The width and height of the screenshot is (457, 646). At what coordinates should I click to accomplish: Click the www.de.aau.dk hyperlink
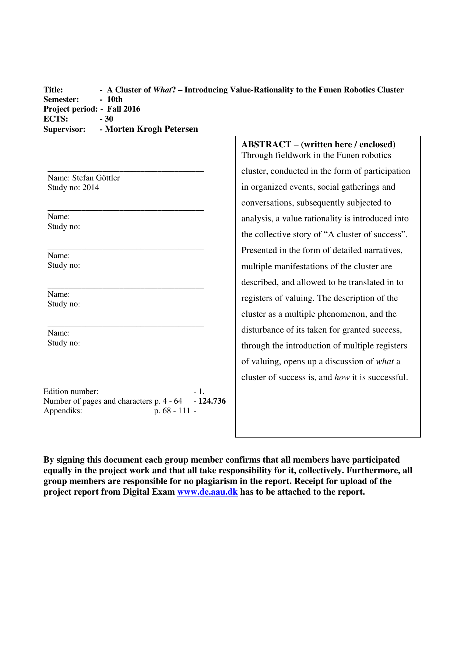pos(207,492)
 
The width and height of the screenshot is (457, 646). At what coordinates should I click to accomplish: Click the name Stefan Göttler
pos(96,178)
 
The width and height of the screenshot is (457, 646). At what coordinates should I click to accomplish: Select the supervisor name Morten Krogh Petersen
pos(151,129)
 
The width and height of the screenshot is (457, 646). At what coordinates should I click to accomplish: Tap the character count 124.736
pos(212,401)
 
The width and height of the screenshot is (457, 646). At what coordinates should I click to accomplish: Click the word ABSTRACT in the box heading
pos(266,144)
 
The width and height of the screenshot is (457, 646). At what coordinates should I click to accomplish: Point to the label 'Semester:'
pos(61,99)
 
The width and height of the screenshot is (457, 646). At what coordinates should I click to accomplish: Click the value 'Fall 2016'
pos(124,109)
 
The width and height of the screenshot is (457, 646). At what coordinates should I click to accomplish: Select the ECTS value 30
pos(109,119)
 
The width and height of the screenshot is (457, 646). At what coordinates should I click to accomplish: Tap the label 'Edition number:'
pos(71,392)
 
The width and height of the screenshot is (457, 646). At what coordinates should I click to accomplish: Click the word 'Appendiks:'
pos(63,411)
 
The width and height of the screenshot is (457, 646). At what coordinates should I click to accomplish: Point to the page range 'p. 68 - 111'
pos(172,411)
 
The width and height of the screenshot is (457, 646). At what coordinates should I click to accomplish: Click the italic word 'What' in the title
pos(162,90)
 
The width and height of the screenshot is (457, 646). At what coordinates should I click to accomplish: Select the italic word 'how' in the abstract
pos(342,378)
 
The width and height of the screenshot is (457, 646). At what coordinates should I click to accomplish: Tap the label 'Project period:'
pos(70,109)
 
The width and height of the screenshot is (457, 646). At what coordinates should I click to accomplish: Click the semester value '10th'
pos(115,99)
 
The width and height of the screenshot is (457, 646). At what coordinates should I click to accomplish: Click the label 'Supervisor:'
pos(64,129)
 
